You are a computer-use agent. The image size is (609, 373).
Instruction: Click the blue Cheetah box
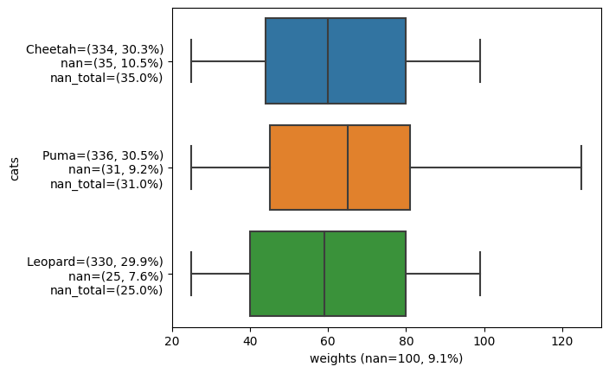pyautogui.click(x=336, y=61)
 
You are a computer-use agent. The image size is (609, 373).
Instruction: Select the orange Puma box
pyautogui.click(x=340, y=168)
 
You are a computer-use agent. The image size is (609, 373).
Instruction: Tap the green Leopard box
pyautogui.click(x=328, y=274)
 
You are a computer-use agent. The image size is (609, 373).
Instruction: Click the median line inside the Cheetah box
pyautogui.click(x=328, y=61)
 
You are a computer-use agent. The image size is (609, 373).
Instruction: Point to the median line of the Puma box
pyautogui.click(x=348, y=168)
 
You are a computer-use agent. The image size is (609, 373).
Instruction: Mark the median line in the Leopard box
pyautogui.click(x=324, y=274)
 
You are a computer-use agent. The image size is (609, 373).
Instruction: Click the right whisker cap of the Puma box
pyautogui.click(x=581, y=168)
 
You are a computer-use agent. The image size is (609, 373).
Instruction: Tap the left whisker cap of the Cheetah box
pyautogui.click(x=191, y=61)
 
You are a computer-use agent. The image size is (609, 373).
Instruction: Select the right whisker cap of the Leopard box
pyautogui.click(x=480, y=274)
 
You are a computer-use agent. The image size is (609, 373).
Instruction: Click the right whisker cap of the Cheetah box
pyautogui.click(x=480, y=61)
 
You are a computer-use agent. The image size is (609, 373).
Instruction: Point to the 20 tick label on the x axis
pyautogui.click(x=172, y=341)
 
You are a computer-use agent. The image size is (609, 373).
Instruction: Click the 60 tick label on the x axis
pyautogui.click(x=328, y=341)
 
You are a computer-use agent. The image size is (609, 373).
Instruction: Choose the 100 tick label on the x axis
pyautogui.click(x=484, y=341)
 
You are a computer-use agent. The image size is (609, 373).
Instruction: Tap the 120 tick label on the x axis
pyautogui.click(x=562, y=341)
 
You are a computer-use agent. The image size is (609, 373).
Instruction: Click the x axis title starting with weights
pyautogui.click(x=386, y=358)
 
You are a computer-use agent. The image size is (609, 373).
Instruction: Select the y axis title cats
pyautogui.click(x=15, y=168)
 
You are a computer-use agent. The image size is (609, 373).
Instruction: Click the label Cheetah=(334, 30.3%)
pyautogui.click(x=95, y=49)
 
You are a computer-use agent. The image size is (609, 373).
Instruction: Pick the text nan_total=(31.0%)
pyautogui.click(x=106, y=184)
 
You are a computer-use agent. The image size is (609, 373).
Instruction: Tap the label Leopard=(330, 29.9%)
pyautogui.click(x=95, y=262)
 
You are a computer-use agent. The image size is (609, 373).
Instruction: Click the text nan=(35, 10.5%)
pyautogui.click(x=112, y=63)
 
